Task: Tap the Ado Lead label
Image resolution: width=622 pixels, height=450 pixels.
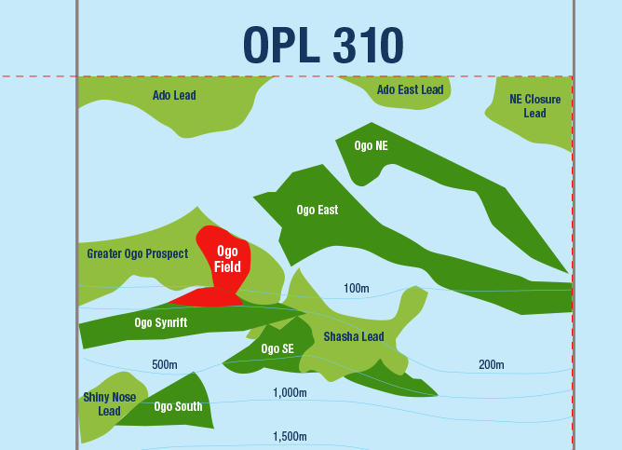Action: click(174, 95)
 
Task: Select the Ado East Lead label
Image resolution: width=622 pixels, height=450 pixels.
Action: click(410, 90)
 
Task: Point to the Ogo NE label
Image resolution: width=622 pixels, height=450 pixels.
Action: click(371, 146)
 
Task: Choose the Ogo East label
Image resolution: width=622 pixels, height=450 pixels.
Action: click(317, 210)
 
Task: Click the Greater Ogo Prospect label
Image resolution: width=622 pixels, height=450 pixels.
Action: click(137, 253)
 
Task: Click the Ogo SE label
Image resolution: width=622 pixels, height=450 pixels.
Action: click(277, 349)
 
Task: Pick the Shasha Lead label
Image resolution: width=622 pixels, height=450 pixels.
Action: click(353, 336)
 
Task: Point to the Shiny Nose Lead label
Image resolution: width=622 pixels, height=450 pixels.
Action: click(109, 403)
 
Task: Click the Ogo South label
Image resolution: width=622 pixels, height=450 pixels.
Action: click(178, 406)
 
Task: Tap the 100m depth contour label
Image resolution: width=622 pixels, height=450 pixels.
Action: click(357, 289)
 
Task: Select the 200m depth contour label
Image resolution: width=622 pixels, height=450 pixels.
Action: click(491, 363)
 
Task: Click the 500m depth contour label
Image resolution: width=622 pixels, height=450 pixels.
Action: click(165, 363)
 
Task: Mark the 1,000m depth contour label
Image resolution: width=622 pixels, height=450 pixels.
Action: click(290, 393)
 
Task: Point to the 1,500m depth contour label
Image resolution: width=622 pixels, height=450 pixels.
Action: click(290, 436)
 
